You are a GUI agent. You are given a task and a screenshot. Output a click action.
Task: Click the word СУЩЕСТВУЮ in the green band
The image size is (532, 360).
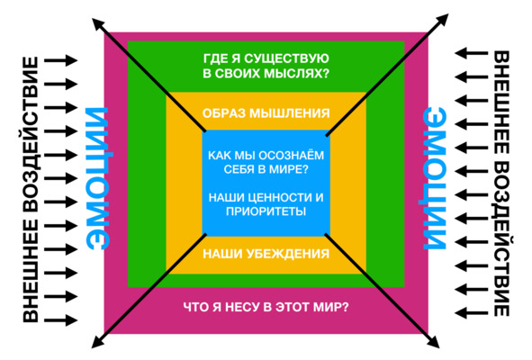click(x=286, y=58)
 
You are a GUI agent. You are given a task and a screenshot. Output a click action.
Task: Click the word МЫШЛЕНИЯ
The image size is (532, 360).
click(x=290, y=113)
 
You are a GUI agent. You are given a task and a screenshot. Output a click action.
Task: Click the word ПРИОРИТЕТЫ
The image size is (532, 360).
click(x=266, y=211)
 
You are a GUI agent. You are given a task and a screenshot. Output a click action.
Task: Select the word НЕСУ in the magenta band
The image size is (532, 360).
click(x=243, y=308)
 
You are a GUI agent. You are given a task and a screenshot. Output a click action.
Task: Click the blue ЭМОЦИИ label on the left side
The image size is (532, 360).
click(x=98, y=178)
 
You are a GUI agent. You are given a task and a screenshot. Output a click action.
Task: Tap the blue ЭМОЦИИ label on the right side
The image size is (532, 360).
click(x=434, y=178)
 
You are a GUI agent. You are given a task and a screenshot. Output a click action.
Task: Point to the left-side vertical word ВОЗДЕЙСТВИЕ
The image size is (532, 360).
click(x=31, y=135)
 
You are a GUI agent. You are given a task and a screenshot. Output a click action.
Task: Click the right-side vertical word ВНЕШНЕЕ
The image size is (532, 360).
click(x=501, y=101)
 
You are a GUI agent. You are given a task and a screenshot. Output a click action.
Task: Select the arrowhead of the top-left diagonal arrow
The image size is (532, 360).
click(x=98, y=24)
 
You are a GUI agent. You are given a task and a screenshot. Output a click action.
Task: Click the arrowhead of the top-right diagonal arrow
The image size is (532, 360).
click(x=442, y=20)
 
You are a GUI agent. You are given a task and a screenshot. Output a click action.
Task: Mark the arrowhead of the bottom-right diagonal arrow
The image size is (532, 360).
click(x=434, y=341)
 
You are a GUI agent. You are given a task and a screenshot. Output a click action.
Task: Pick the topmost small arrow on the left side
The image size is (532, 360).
click(x=61, y=60)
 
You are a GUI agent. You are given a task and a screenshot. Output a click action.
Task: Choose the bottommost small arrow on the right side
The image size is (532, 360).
click(x=472, y=311)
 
